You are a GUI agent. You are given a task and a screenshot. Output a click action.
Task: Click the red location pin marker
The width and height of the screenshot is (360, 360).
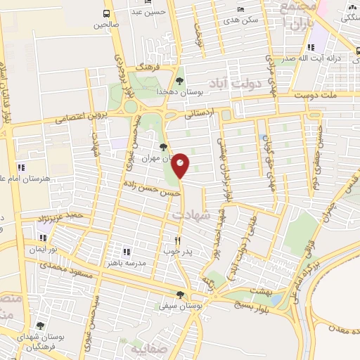181,166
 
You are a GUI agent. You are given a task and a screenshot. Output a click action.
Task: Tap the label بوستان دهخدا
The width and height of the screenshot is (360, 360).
204,92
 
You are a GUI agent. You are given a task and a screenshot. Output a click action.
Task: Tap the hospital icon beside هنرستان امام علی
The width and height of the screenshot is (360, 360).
22,167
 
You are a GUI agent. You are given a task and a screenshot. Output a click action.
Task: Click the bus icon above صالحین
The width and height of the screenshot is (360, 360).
106,13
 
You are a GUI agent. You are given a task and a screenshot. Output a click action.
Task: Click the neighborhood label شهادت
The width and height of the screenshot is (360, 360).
186,214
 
